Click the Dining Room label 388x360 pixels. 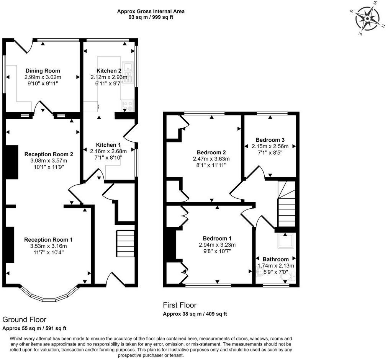pos(43,71)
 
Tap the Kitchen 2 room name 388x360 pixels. pos(109,71)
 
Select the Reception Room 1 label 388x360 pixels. pos(49,240)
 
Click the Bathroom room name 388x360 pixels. pos(276,259)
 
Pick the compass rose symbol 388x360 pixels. pos(367,19)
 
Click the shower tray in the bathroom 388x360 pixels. pos(286,241)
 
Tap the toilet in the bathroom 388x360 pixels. pos(288,277)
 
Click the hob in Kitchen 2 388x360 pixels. pos(127,105)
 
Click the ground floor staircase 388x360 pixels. pos(126,244)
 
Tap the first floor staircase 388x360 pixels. pos(286,204)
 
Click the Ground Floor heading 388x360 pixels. pos(24,320)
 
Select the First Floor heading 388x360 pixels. pos(180,305)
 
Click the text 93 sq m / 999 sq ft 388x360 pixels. pos(151,17)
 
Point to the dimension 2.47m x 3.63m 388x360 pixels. pos(211,159)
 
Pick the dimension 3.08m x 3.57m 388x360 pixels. pos(49,160)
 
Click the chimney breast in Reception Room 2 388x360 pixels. pos(12,162)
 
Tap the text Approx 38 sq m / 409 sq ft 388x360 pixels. pos(195,314)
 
